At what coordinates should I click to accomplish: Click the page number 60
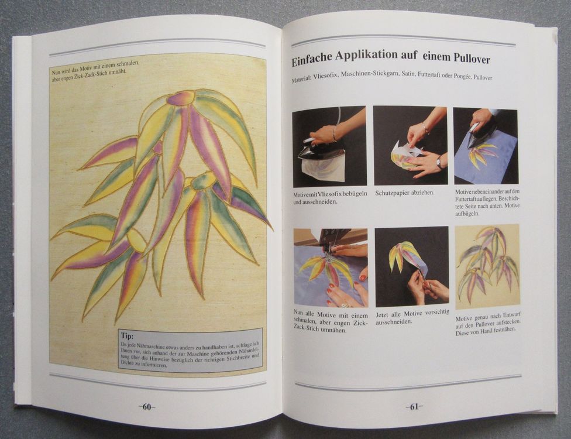tap(146, 407)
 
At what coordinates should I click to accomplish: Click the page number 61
tap(414, 407)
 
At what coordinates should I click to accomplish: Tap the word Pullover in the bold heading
tap(472, 59)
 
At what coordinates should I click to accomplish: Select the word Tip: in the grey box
tap(127, 336)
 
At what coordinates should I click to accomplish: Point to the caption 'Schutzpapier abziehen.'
tap(405, 193)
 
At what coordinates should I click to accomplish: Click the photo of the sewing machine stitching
tap(331, 267)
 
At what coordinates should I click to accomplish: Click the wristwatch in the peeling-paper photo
tap(439, 162)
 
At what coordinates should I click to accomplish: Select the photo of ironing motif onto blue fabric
tap(486, 146)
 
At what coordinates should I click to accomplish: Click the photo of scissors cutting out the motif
tap(411, 266)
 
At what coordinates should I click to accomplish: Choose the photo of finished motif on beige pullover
tap(487, 266)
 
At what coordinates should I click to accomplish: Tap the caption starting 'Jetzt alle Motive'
tap(412, 317)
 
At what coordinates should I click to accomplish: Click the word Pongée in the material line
tap(461, 77)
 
